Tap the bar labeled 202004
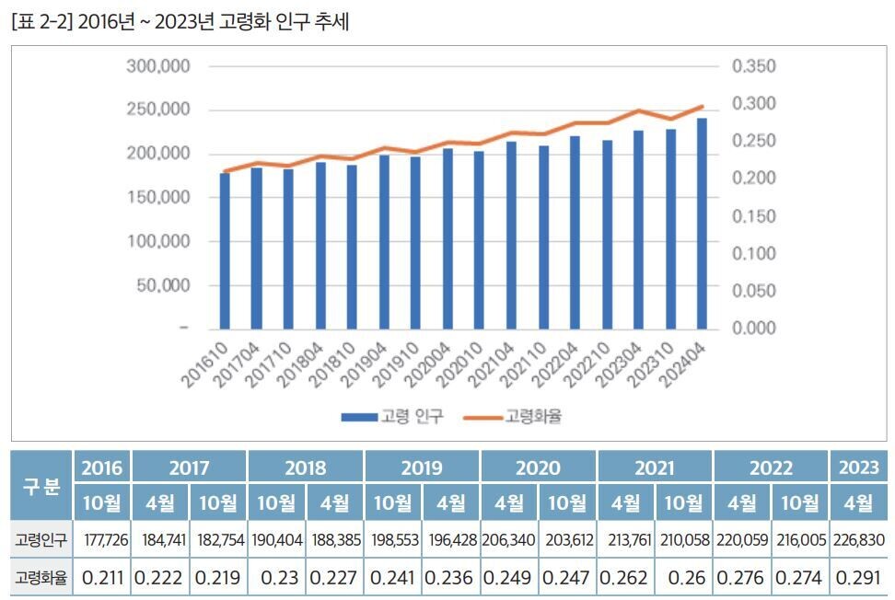pos(447,238)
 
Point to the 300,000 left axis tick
pos(157,66)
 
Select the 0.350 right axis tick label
pos(754,66)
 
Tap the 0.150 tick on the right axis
pos(754,216)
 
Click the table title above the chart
pos(180,22)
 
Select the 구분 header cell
pos(41,485)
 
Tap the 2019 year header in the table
pos(422,467)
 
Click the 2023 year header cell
pos(858,467)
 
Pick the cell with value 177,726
pos(101,540)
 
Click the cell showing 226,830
pos(858,540)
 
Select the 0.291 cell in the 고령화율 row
pos(858,579)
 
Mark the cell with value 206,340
pos(509,540)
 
